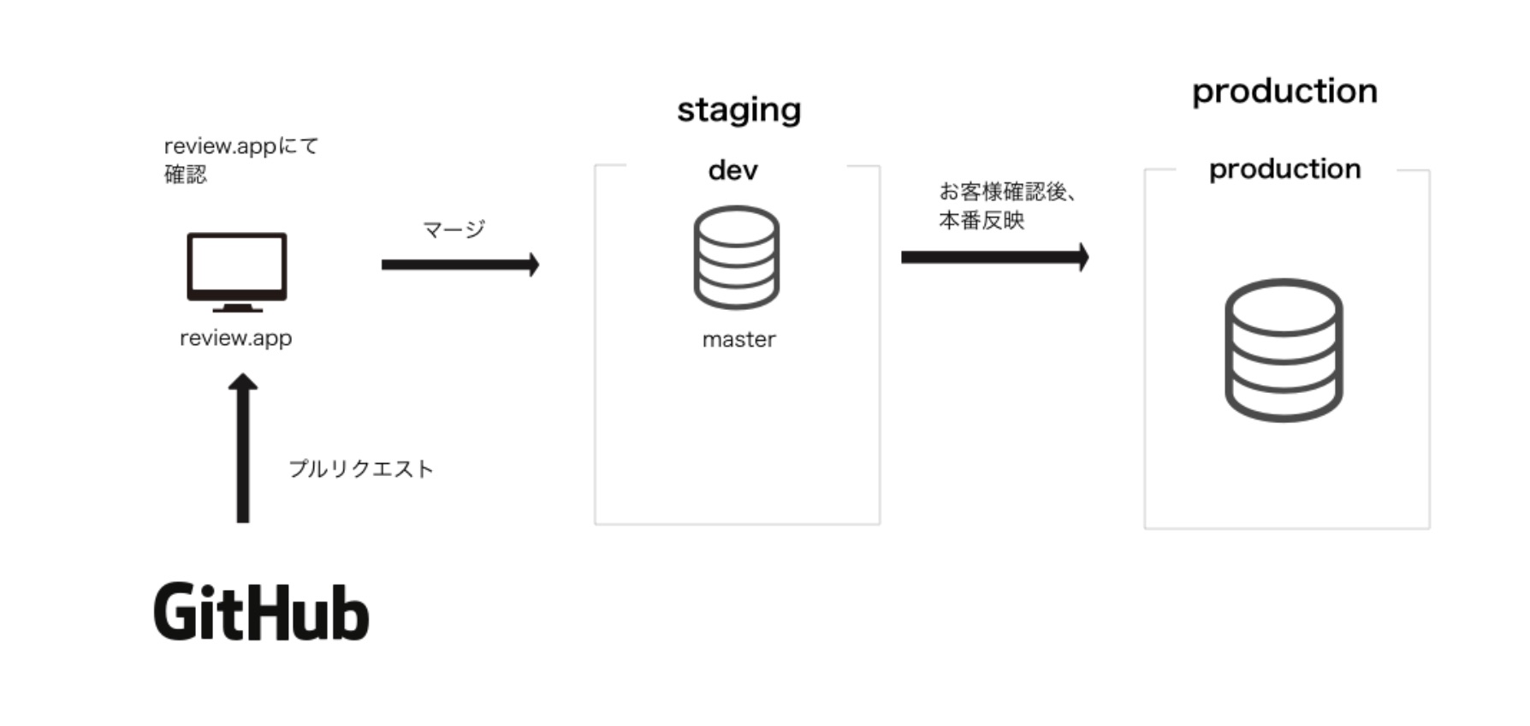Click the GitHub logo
[x=261, y=612]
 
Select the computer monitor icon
[x=237, y=266]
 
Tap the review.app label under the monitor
[x=235, y=338]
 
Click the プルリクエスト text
[x=361, y=469]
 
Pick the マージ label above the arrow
[x=454, y=229]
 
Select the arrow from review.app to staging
[x=460, y=265]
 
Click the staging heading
[x=738, y=110]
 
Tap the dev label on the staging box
[x=733, y=170]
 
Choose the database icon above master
[x=736, y=257]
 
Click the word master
[x=738, y=340]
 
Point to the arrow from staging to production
[x=994, y=257]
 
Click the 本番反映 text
[x=981, y=221]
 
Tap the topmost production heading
[x=1284, y=92]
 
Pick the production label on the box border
[x=1284, y=170]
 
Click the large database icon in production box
[x=1284, y=349]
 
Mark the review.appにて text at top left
[x=240, y=146]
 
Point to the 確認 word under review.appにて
[x=186, y=175]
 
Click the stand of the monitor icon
[x=237, y=306]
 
